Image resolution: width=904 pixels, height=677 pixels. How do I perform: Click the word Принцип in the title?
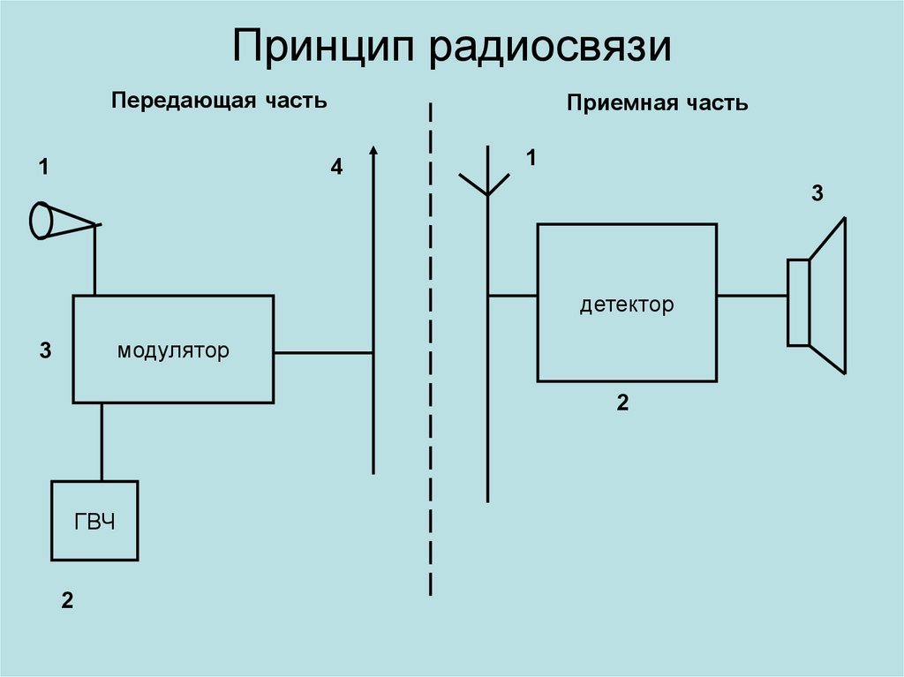pyautogui.click(x=325, y=49)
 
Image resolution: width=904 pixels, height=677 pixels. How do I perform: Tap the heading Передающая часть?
pyautogui.click(x=219, y=101)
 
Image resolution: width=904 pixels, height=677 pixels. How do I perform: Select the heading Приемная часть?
pyautogui.click(x=658, y=103)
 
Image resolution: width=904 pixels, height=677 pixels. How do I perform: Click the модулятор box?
pyautogui.click(x=173, y=350)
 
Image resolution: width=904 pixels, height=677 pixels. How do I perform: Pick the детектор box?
pyautogui.click(x=627, y=303)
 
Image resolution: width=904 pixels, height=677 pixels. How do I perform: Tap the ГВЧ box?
pyautogui.click(x=94, y=521)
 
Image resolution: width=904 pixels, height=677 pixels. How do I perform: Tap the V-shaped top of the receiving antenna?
pyautogui.click(x=486, y=183)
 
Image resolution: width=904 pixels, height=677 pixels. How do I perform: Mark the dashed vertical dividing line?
pyautogui.click(x=431, y=353)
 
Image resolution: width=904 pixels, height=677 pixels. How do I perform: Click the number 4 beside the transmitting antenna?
pyautogui.click(x=336, y=166)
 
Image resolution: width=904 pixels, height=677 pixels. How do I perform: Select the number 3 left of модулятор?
pyautogui.click(x=45, y=351)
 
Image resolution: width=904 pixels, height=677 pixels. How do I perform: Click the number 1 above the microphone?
pyautogui.click(x=43, y=165)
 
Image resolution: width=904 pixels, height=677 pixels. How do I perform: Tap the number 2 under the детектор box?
pyautogui.click(x=622, y=403)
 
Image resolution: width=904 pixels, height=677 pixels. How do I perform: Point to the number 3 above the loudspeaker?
pyautogui.click(x=817, y=194)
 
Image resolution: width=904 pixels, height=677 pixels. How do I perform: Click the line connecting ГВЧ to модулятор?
pyautogui.click(x=102, y=441)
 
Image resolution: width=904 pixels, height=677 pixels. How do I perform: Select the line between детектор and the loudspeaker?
pyautogui.click(x=752, y=296)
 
